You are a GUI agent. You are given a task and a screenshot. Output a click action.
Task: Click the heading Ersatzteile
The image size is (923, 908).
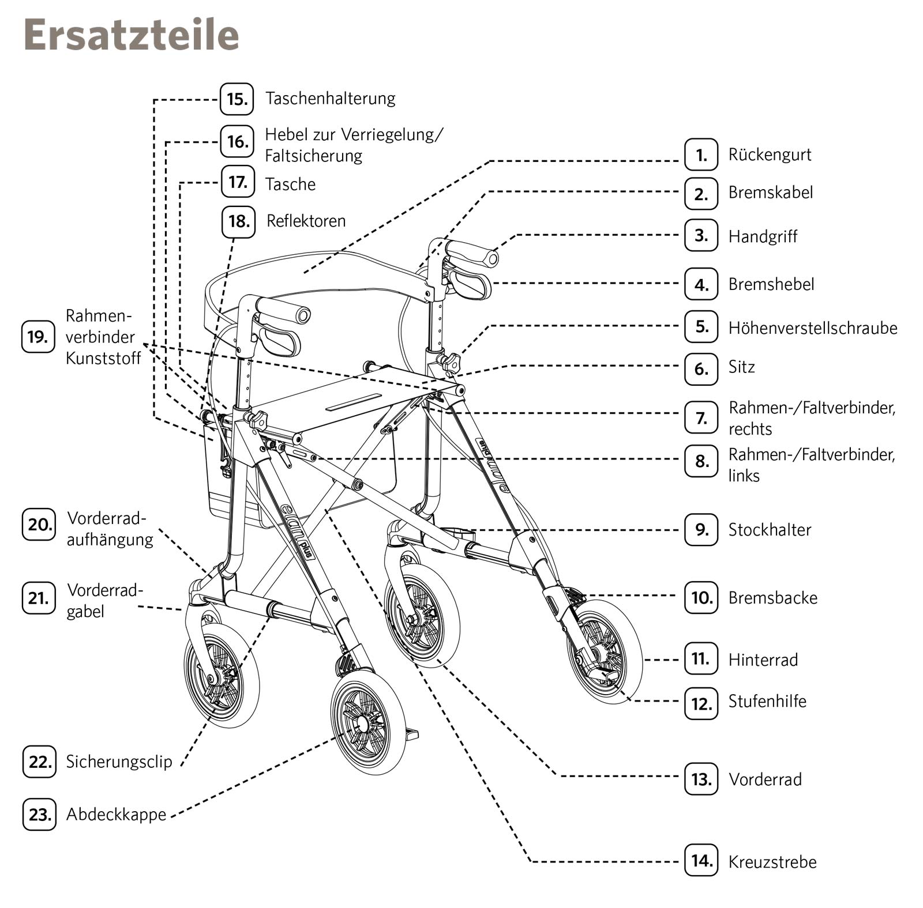click(131, 35)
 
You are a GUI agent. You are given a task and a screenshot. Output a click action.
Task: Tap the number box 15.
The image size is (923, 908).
click(237, 99)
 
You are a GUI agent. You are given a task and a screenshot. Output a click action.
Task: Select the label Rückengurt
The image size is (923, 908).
click(770, 155)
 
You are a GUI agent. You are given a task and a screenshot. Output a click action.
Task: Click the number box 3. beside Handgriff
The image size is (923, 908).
click(701, 235)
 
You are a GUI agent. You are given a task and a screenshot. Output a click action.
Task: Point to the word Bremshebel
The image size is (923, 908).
click(771, 284)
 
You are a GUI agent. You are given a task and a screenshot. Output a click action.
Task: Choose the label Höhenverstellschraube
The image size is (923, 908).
click(812, 328)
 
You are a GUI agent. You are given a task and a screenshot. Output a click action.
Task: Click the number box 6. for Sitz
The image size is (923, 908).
click(701, 368)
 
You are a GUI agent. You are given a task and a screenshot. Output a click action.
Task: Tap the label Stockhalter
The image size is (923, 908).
click(770, 530)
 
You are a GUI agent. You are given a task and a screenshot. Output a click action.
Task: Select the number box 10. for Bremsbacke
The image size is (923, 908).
click(701, 598)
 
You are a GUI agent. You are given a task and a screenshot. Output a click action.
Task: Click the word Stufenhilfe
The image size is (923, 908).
click(767, 702)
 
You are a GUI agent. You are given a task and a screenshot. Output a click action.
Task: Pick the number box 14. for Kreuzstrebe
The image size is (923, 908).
click(701, 861)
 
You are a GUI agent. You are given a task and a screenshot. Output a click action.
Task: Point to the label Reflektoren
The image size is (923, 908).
click(306, 221)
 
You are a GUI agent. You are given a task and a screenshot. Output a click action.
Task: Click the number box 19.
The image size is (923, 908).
click(38, 337)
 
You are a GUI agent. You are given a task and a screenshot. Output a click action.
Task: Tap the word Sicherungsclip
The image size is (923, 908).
click(119, 762)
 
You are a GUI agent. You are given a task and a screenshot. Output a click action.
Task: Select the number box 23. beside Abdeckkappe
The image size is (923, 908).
click(39, 815)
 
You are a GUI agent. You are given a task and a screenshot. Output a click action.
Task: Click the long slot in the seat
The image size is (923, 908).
click(354, 402)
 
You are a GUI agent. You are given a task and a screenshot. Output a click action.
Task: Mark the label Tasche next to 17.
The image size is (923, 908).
click(290, 184)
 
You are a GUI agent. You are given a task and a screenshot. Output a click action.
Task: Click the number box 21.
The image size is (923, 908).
click(39, 598)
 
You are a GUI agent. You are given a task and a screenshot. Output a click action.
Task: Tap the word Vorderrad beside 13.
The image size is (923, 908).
click(765, 779)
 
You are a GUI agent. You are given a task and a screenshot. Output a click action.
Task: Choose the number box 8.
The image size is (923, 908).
click(701, 461)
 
